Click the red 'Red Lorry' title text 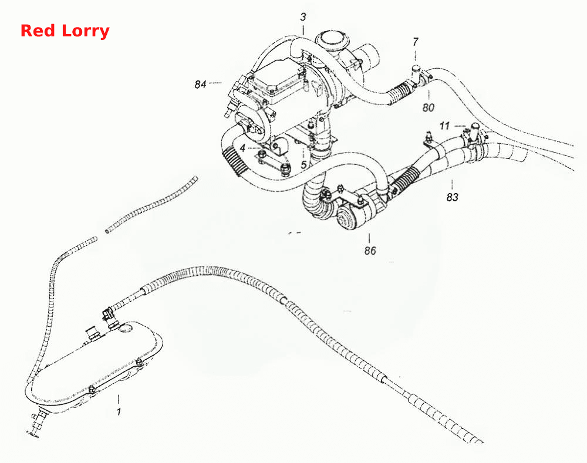(65, 31)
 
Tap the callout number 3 (303, 17)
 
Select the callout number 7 (415, 42)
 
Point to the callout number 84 (200, 85)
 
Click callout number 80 (429, 108)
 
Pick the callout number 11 (444, 126)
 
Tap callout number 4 (242, 148)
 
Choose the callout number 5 (304, 165)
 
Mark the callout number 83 (452, 197)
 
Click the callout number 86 (370, 251)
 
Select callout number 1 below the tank (119, 412)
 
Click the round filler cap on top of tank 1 (126, 329)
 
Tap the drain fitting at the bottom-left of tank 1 (36, 424)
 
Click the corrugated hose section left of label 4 (234, 161)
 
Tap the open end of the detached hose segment (107, 231)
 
